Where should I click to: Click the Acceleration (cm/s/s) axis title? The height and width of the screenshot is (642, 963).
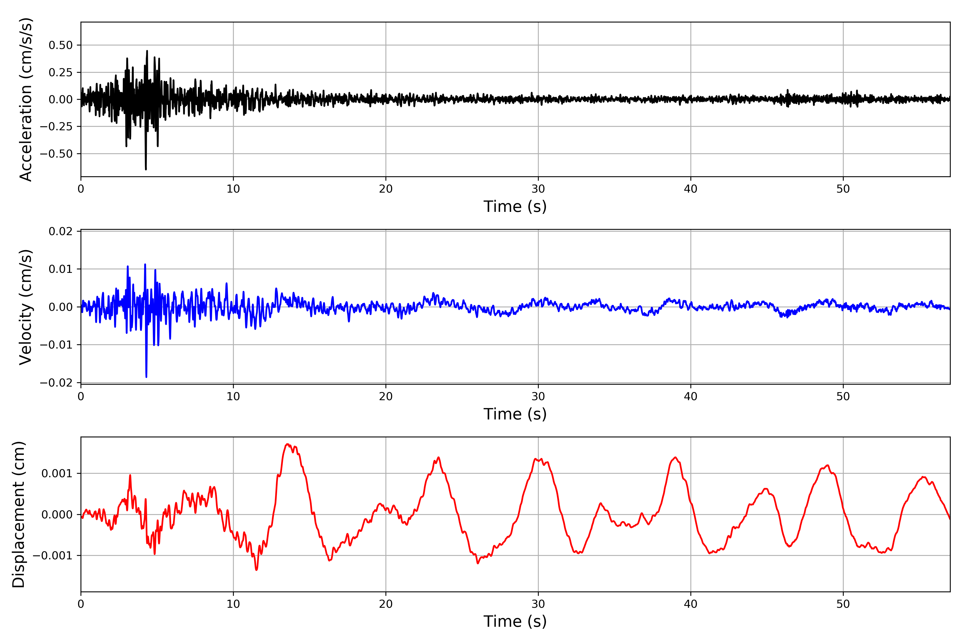click(x=25, y=100)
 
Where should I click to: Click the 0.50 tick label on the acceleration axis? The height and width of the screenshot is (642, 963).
click(x=61, y=45)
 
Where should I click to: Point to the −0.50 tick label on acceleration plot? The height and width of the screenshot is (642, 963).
click(x=56, y=154)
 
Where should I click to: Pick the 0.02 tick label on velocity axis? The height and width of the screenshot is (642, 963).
click(x=61, y=231)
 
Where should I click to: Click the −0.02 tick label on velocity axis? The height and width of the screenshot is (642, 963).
click(x=56, y=383)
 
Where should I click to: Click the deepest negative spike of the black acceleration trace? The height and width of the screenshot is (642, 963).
click(x=146, y=169)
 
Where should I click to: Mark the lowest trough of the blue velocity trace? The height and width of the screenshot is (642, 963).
click(x=146, y=376)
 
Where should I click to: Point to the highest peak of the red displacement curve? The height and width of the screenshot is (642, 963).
click(x=287, y=444)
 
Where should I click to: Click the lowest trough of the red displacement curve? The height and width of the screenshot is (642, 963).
click(x=256, y=570)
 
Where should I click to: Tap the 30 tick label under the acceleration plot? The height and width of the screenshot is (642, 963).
click(x=538, y=189)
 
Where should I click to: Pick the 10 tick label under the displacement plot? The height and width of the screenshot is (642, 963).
click(x=233, y=604)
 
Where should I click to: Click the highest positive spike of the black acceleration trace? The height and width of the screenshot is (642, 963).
click(x=147, y=51)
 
